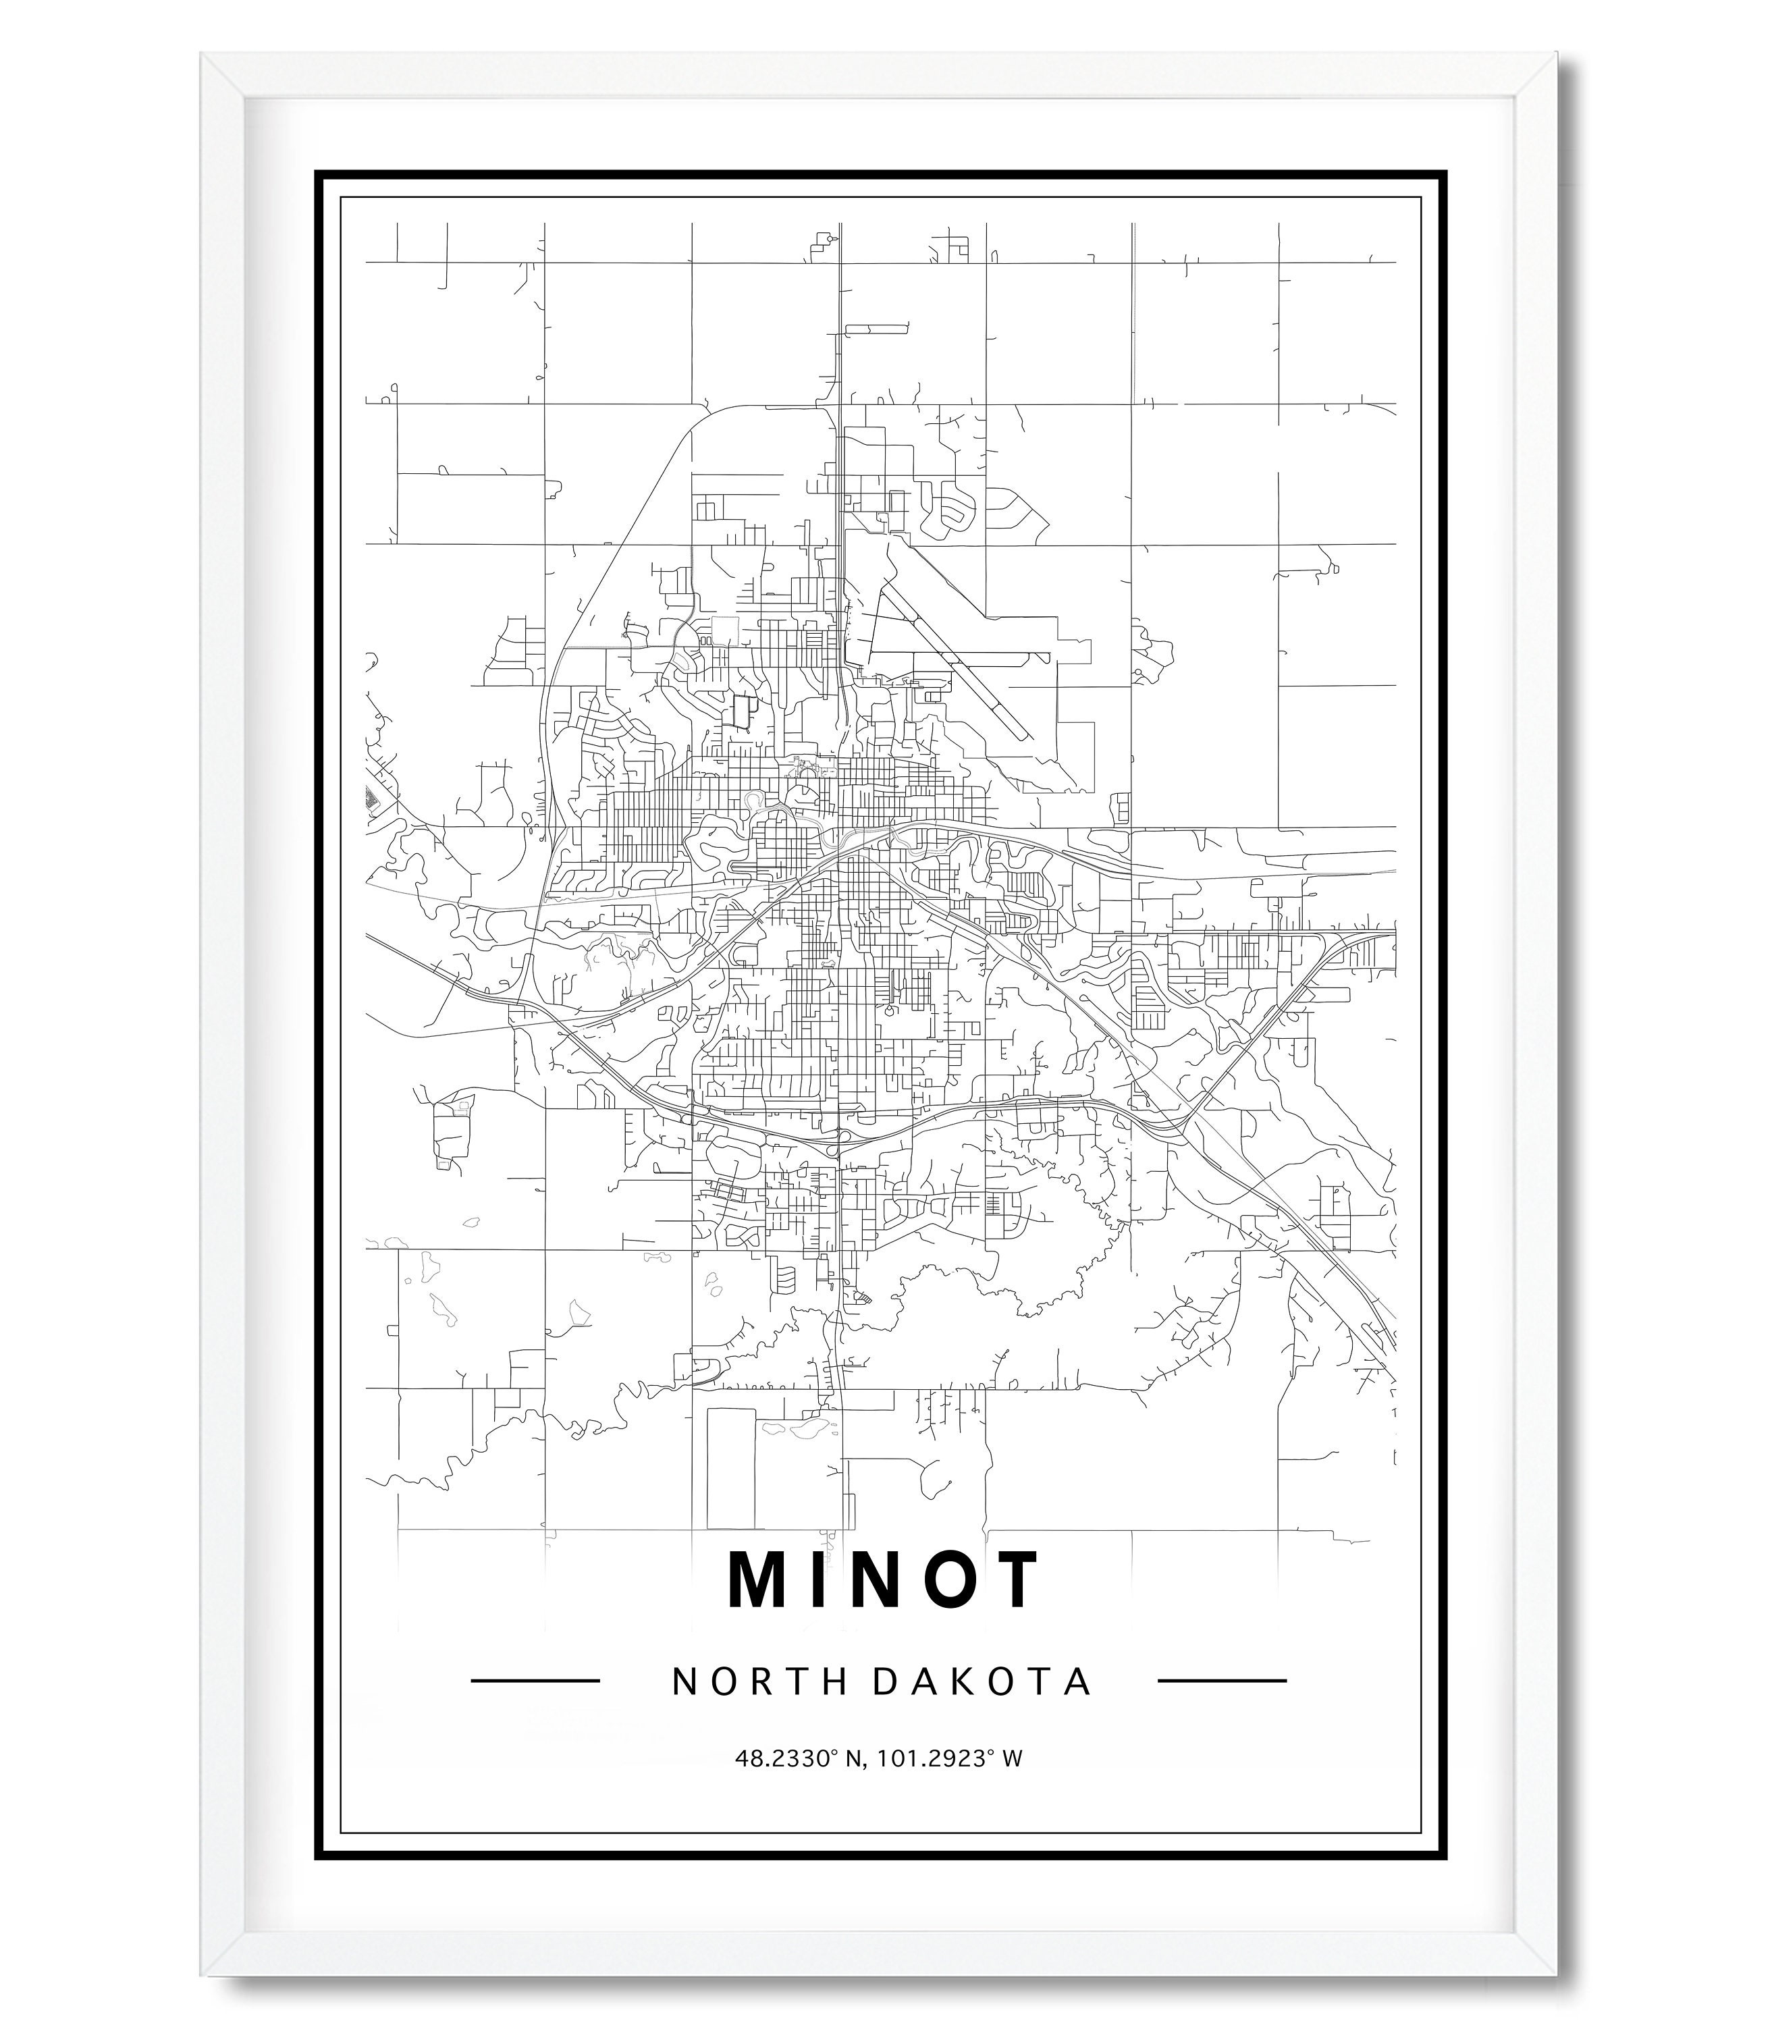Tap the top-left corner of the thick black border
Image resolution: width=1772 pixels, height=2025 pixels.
pos(319,175)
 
